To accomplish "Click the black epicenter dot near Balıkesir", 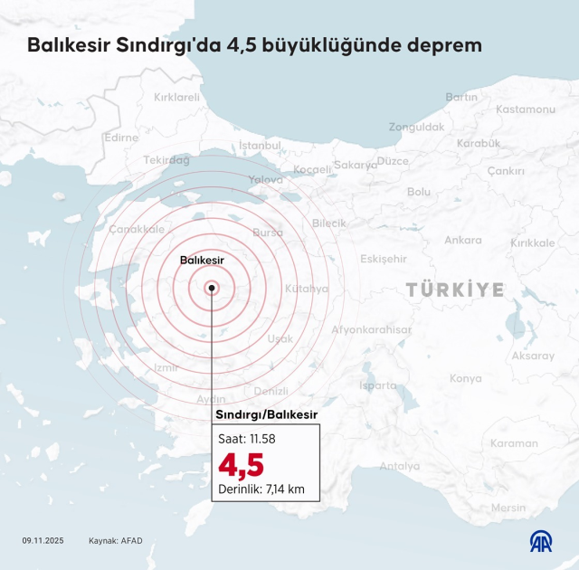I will pos(212,289).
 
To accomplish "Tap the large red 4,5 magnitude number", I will pos(242,465).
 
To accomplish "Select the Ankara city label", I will pos(462,241).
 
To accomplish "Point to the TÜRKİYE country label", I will pos(454,290).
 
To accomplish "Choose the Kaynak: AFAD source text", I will pos(115,541).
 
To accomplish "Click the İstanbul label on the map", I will pos(261,145).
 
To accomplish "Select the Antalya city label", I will pos(399,467).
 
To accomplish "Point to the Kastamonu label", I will pos(525,109).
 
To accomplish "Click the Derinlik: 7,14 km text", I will pos(261,490).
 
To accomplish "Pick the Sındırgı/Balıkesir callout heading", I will pos(266,414).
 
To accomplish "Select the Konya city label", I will pos(465,378).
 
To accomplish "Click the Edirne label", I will pos(121,138).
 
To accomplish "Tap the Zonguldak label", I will pos(416,128).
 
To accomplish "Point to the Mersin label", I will pos(508,508).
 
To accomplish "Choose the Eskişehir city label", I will pos(384,259).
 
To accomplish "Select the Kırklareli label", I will pos(176,97).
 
